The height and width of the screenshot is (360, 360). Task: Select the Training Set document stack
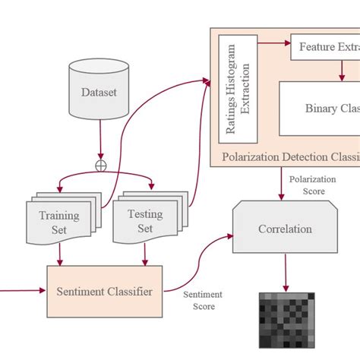61,220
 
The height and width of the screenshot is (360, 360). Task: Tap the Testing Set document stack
147,219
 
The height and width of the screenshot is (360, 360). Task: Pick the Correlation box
284,229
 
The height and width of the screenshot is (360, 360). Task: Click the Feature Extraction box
325,47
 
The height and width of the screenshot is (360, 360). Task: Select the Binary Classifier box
319,108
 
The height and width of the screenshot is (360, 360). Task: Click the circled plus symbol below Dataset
100,165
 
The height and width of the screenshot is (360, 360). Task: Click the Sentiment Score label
202,300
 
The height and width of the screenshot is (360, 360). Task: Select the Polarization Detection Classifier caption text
289,156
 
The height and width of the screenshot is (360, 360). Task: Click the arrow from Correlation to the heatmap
286,271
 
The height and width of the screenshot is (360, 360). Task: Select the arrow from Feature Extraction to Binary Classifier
343,70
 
